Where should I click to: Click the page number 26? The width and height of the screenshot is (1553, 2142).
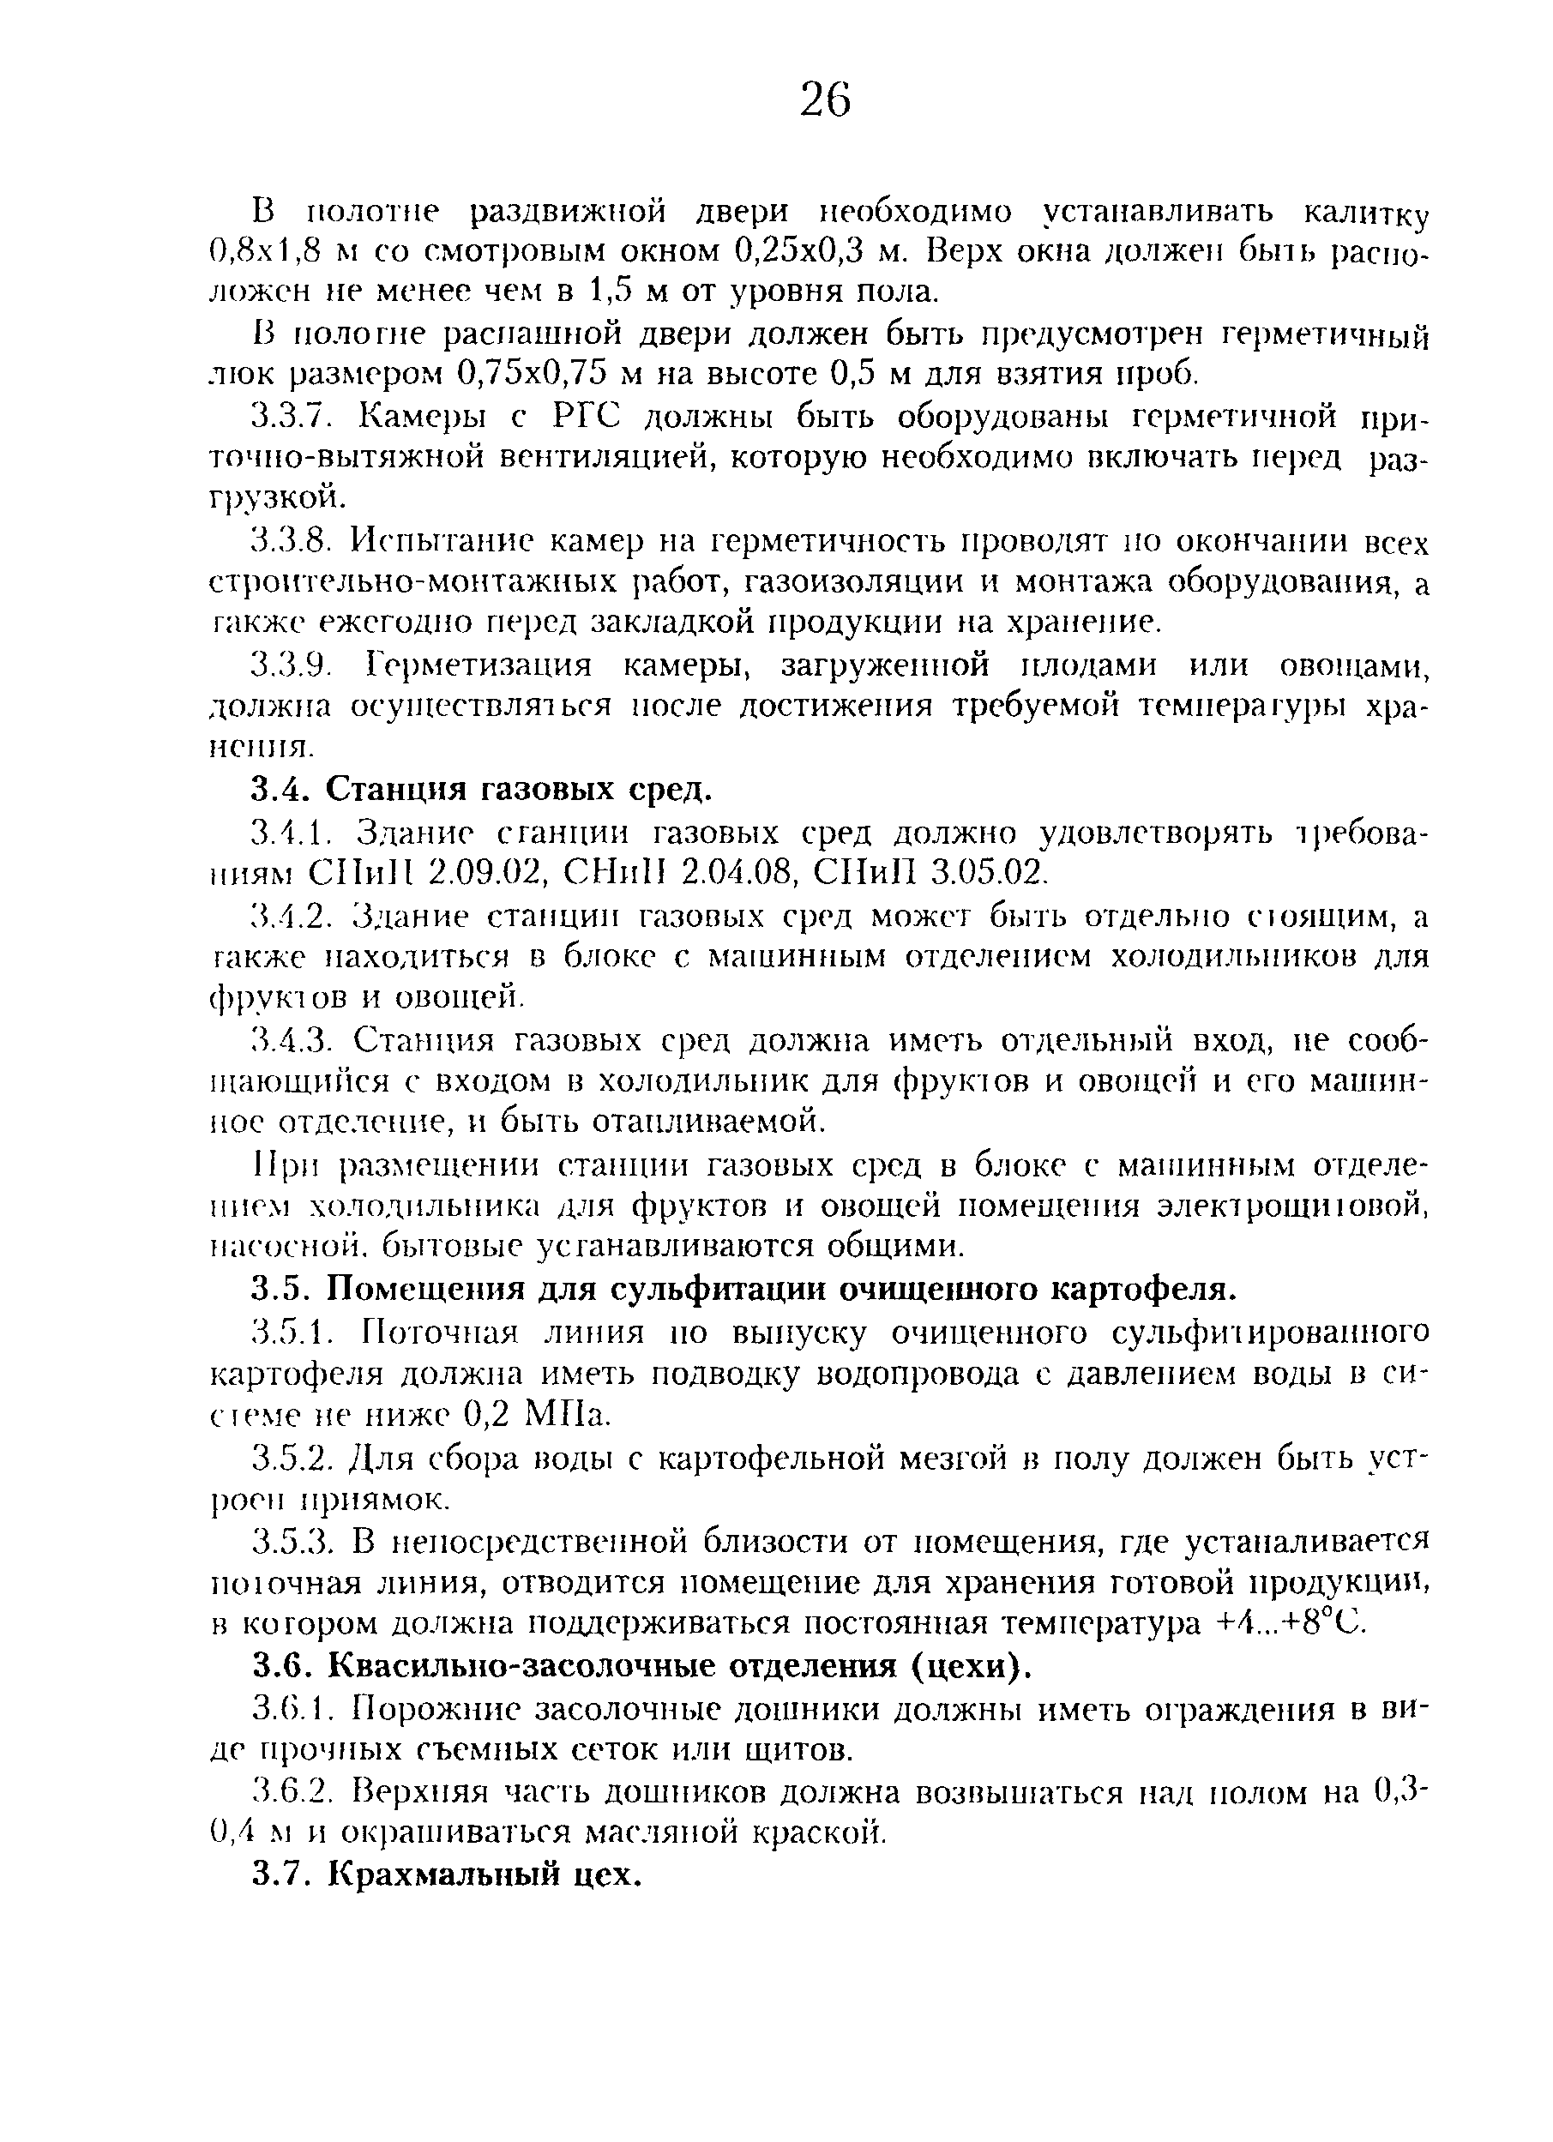[825, 100]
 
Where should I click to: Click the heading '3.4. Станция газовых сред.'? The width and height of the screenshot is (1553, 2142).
[481, 788]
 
